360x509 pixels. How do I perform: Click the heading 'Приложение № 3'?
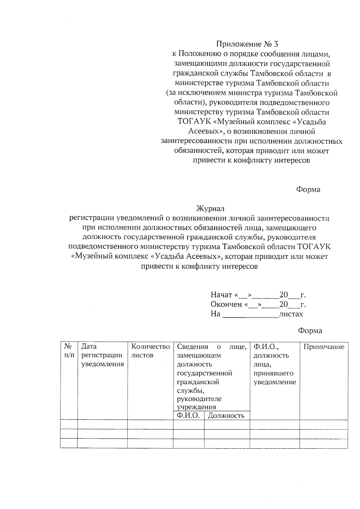click(247, 44)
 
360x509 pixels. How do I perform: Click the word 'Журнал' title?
click(210, 208)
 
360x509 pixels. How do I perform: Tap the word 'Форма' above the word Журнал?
click(308, 190)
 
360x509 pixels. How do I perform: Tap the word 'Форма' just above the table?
click(310, 331)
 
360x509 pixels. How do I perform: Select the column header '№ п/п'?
click(69, 351)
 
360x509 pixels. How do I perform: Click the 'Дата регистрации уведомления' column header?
click(102, 355)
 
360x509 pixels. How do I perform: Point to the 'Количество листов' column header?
click(150, 351)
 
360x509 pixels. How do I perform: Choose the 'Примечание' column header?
click(324, 347)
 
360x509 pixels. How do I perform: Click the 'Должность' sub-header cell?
click(226, 416)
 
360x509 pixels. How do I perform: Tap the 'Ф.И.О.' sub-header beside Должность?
click(188, 415)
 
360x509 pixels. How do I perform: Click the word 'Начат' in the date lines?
click(221, 295)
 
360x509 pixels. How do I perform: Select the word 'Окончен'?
click(226, 304)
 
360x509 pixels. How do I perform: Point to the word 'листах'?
click(291, 314)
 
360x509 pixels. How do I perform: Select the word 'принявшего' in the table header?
click(273, 373)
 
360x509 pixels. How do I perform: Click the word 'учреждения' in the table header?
click(196, 407)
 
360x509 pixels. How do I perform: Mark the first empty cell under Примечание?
click(324, 424)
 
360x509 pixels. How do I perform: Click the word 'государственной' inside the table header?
click(205, 373)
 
